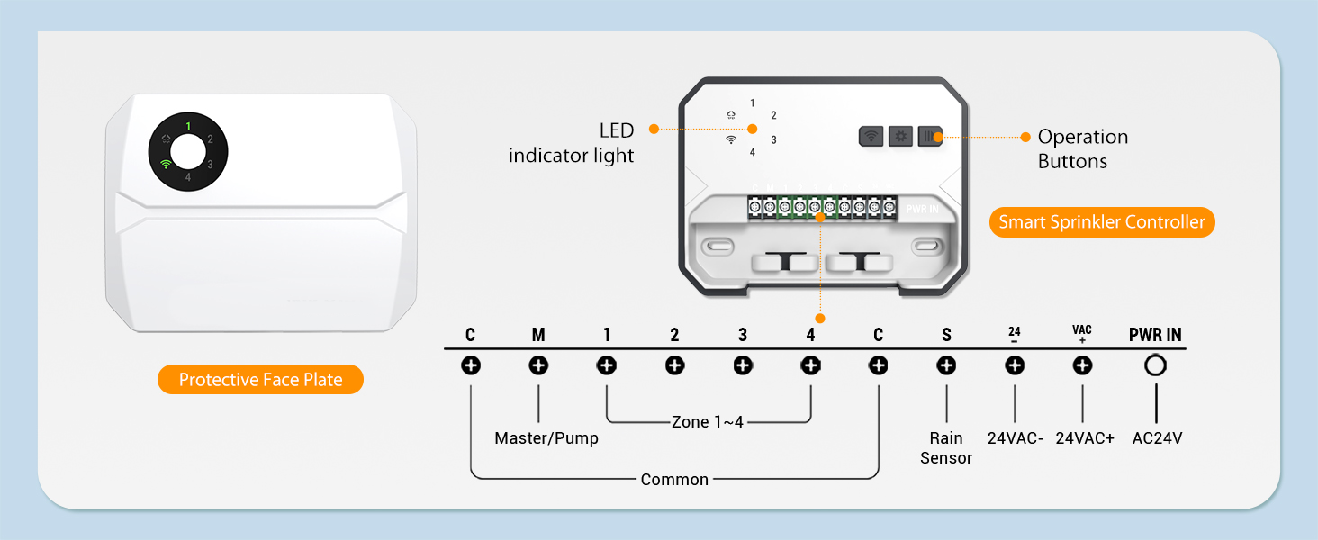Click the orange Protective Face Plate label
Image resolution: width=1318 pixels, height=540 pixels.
point(260,380)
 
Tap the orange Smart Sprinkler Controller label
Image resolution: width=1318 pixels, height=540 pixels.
point(1102,222)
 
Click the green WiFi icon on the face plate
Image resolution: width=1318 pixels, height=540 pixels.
point(165,164)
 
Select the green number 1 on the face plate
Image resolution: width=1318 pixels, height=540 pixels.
point(188,127)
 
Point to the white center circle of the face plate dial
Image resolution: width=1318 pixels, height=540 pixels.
point(188,152)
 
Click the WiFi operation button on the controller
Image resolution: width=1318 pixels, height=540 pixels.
point(871,137)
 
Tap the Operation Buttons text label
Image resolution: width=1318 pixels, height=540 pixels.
point(1082,149)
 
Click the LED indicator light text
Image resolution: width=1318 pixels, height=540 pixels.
point(572,144)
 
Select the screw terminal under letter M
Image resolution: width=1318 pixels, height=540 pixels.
point(538,365)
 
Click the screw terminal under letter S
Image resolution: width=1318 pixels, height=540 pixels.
point(946,365)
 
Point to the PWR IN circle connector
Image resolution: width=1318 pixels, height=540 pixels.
point(1155,365)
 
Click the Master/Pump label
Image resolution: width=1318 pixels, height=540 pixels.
point(546,438)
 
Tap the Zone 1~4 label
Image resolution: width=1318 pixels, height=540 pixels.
point(708,421)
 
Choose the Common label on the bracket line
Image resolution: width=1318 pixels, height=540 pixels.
point(674,480)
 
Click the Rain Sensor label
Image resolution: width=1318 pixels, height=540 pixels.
point(946,448)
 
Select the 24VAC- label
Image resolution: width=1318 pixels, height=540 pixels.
point(1016,438)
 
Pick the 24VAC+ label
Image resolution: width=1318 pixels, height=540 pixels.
point(1085,438)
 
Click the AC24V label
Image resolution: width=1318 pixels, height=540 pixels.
point(1157,438)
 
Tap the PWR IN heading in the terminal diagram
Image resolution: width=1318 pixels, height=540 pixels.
point(1155,335)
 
